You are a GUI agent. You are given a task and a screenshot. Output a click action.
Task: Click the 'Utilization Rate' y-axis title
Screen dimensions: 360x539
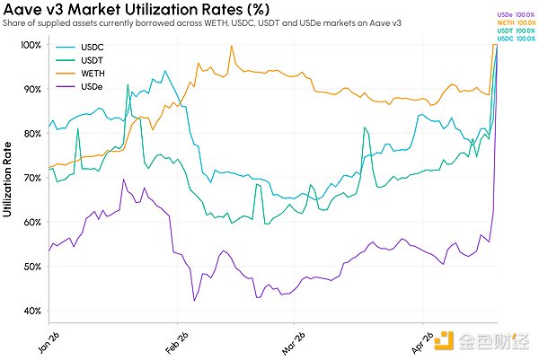pos(8,179)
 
